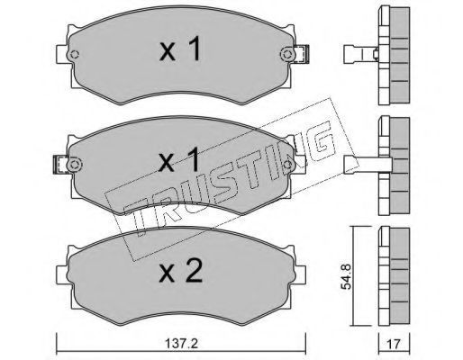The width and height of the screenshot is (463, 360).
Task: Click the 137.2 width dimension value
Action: coord(181,344)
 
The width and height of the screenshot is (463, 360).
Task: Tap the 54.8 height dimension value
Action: coord(347,276)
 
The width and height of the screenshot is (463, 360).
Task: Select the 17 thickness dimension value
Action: coord(395,344)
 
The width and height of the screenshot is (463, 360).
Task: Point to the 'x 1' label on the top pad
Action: coord(180,49)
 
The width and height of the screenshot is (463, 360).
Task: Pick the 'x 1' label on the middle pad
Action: coord(179,159)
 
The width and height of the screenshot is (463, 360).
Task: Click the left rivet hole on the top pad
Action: coord(74,55)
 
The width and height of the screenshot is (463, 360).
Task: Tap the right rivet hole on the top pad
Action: coord(287,55)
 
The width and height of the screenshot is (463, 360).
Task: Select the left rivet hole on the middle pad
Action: coord(75,165)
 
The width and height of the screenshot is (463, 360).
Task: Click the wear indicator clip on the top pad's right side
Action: coord(302,54)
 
